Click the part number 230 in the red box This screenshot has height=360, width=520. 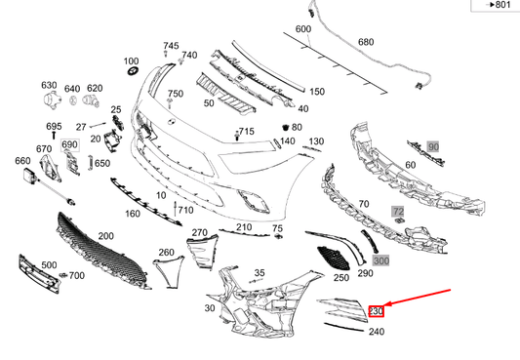(x=377, y=311)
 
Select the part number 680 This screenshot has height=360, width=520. (x=366, y=42)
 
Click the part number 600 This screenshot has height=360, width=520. (x=303, y=29)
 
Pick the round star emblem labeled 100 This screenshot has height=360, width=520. (x=132, y=75)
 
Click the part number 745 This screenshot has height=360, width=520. (x=171, y=46)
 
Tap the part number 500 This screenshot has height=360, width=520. (x=48, y=264)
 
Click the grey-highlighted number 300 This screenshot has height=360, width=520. (x=380, y=260)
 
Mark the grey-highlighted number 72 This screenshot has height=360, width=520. (x=397, y=211)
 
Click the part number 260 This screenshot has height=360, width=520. (x=167, y=253)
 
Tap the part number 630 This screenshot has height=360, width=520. (x=49, y=86)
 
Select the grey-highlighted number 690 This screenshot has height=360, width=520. (x=69, y=145)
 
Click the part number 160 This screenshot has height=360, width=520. (x=133, y=214)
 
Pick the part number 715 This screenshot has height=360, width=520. (x=246, y=132)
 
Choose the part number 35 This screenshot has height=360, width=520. (x=260, y=272)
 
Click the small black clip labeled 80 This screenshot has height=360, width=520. (x=286, y=128)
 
